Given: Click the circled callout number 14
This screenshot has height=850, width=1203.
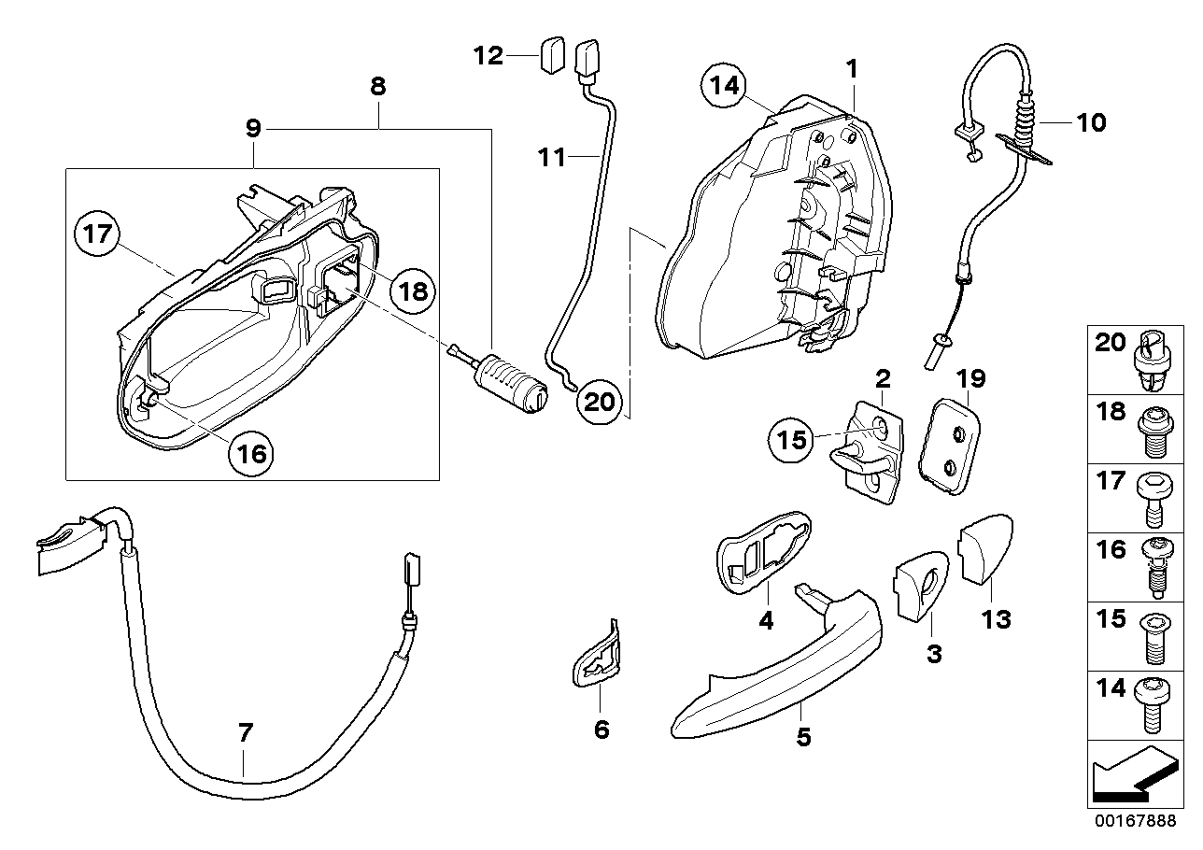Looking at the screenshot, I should (x=726, y=87).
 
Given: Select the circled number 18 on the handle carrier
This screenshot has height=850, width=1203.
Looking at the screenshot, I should (x=412, y=290).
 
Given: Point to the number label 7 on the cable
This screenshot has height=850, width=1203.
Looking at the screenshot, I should (x=245, y=734).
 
